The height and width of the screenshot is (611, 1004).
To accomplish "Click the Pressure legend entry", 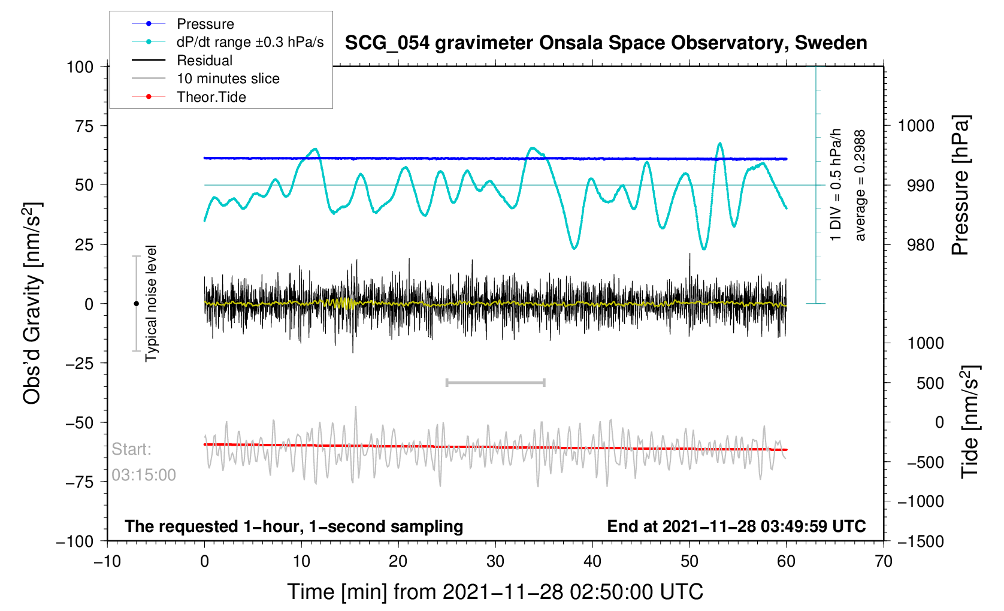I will tap(205, 24).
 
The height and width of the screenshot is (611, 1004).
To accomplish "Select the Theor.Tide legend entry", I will tap(211, 97).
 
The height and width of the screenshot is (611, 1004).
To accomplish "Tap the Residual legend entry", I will tap(204, 61).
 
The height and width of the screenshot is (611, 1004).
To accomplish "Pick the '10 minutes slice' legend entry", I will tap(228, 78).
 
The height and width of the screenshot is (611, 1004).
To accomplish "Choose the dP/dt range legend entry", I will tap(250, 42).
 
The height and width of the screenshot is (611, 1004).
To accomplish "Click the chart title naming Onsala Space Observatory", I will tap(606, 43).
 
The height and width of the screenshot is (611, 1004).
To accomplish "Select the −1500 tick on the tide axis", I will tap(921, 542).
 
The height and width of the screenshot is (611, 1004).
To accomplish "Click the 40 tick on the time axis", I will tap(592, 561).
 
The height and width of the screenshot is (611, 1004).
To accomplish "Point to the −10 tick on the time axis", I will tap(107, 561).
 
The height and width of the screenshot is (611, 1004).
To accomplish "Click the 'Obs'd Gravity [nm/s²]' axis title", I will tap(32, 303).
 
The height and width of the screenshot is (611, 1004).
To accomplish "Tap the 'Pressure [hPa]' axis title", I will tap(960, 186).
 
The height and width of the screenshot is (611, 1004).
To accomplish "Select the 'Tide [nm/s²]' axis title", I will tap(970, 422).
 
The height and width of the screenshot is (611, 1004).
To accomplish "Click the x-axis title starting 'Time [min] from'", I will tap(495, 592).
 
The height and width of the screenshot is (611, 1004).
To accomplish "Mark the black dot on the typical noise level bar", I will tap(136, 304).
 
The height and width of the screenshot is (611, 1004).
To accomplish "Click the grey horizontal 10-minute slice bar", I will tap(495, 382).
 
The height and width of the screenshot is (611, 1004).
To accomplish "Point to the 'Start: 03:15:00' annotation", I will tap(144, 462).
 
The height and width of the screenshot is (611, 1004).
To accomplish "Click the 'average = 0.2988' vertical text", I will tap(860, 186).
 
